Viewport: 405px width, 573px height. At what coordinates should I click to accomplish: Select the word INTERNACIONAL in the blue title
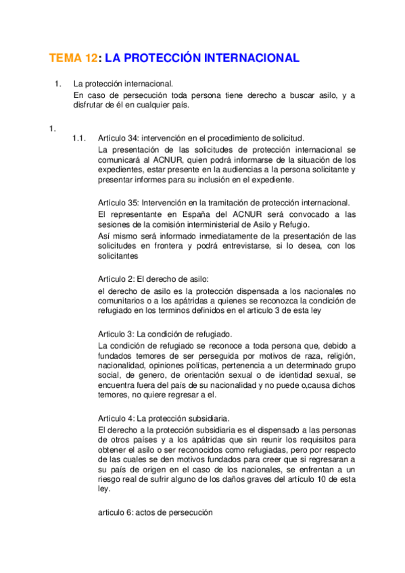(x=248, y=59)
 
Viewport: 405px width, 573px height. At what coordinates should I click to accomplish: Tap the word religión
(x=337, y=356)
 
